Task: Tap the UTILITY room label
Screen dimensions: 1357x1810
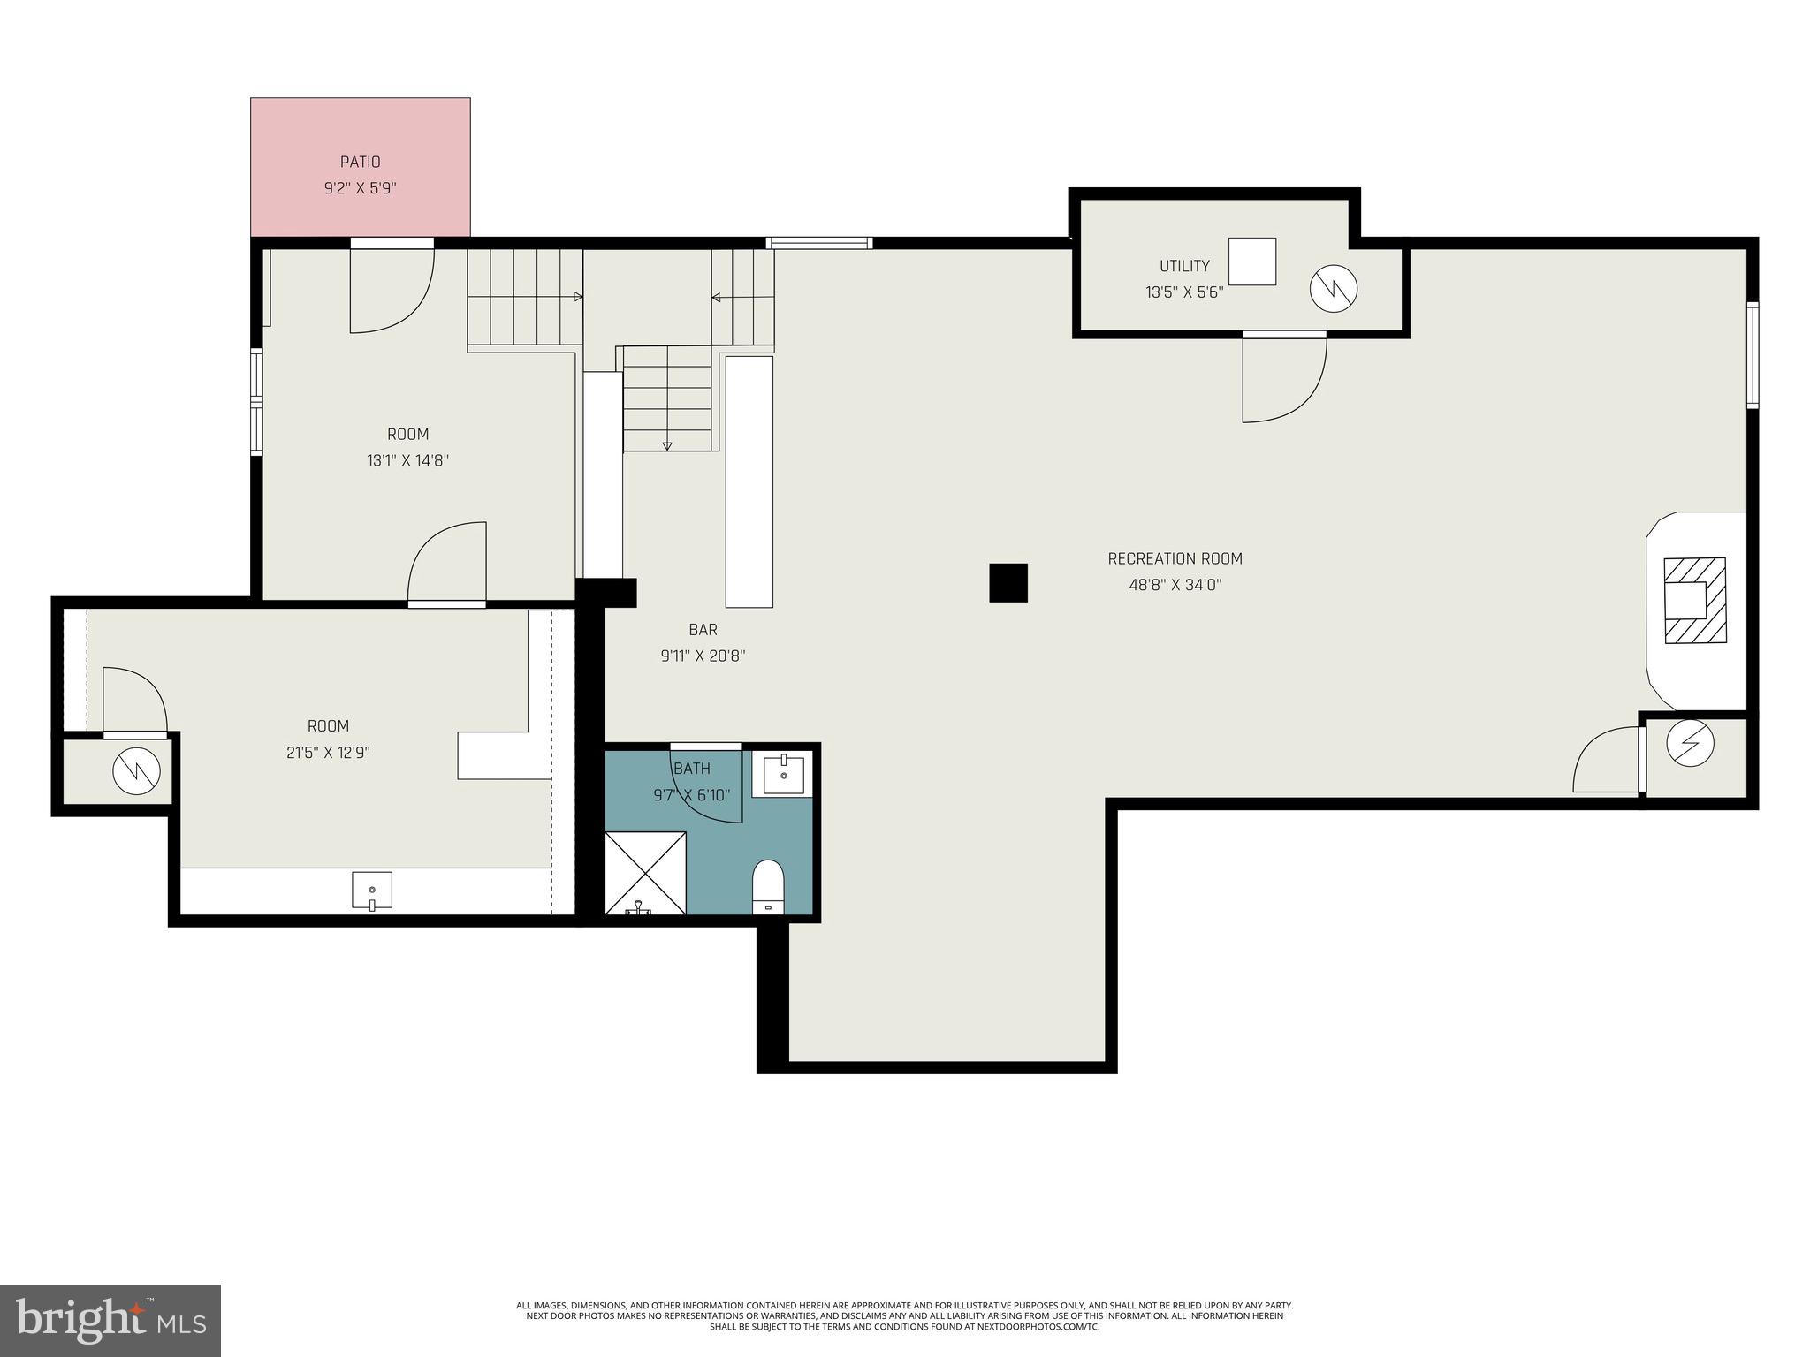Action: (x=1184, y=266)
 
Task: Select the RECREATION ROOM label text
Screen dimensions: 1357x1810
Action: (x=1175, y=558)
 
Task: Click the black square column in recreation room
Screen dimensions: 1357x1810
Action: (x=1008, y=583)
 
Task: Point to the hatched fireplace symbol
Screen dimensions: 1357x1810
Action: (x=1694, y=601)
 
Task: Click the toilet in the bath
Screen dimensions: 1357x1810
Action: (x=768, y=885)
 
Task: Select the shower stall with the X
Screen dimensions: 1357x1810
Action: (x=645, y=872)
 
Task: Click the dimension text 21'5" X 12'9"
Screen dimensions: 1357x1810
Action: (x=328, y=753)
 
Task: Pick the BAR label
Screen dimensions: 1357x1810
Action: (x=703, y=630)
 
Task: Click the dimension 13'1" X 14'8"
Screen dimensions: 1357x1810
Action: (x=407, y=460)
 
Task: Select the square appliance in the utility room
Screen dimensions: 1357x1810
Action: (x=1251, y=262)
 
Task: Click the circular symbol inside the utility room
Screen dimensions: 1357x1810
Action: (x=1333, y=288)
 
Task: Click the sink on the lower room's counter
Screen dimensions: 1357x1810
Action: (x=372, y=890)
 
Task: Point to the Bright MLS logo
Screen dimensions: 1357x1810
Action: (x=110, y=1320)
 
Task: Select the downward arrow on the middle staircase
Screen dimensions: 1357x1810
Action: (x=667, y=446)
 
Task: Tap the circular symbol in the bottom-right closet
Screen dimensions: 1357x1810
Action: (x=1690, y=744)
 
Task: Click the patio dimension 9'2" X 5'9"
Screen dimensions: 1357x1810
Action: (x=360, y=188)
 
